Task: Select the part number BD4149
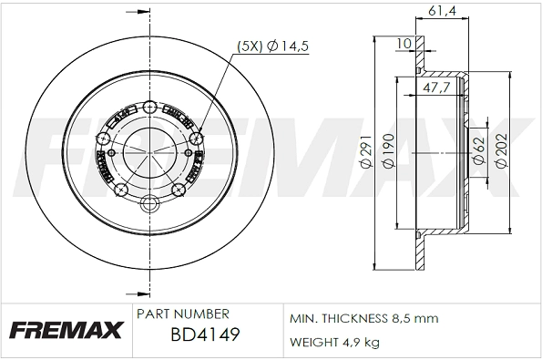coord(205,335)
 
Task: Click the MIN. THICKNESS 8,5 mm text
coord(363,318)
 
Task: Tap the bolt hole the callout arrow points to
coord(198,139)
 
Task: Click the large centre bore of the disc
coord(148,149)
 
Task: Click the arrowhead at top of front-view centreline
coord(147,16)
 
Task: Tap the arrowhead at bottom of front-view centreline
coord(147,294)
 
